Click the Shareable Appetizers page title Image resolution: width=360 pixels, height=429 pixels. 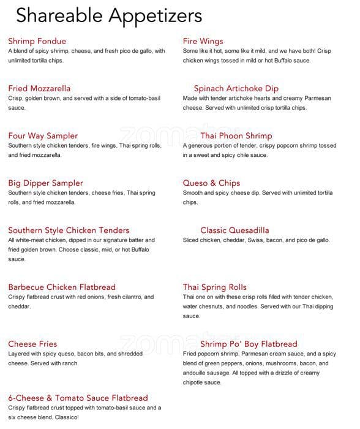tap(109, 15)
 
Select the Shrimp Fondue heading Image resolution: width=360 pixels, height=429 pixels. tap(37, 41)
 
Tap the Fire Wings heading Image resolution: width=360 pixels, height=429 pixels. tap(203, 41)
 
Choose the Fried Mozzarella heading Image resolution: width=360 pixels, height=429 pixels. tap(39, 88)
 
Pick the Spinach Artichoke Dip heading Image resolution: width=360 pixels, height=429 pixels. tap(236, 88)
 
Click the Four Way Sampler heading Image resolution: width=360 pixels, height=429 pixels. tap(43, 135)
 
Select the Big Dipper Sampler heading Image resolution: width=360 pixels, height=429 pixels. tap(45, 183)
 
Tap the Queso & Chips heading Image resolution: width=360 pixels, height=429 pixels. tap(211, 183)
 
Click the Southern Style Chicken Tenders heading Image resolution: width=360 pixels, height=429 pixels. tap(69, 230)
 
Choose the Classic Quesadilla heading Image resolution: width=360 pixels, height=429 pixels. tap(234, 230)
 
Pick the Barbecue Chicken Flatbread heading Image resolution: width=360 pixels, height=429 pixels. tap(62, 287)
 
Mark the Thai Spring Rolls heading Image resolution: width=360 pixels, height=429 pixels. tap(214, 287)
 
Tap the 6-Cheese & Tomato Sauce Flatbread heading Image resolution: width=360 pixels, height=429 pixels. tap(78, 398)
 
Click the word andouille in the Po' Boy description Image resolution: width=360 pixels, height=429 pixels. tap(198, 373)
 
